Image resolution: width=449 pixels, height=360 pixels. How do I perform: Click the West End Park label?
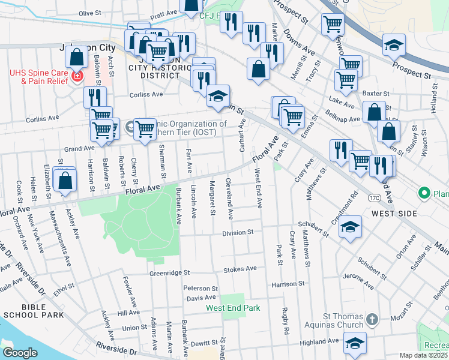(x=233, y=308)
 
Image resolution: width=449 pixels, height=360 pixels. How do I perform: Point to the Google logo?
(x=20, y=353)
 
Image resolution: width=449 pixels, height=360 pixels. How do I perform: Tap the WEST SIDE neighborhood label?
(x=394, y=213)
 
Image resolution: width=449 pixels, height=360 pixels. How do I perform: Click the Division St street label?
(x=238, y=233)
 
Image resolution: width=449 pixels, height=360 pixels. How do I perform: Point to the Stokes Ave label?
(x=240, y=269)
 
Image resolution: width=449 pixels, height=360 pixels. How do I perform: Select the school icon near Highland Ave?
(x=355, y=343)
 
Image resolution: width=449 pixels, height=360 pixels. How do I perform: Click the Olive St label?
(x=91, y=13)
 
